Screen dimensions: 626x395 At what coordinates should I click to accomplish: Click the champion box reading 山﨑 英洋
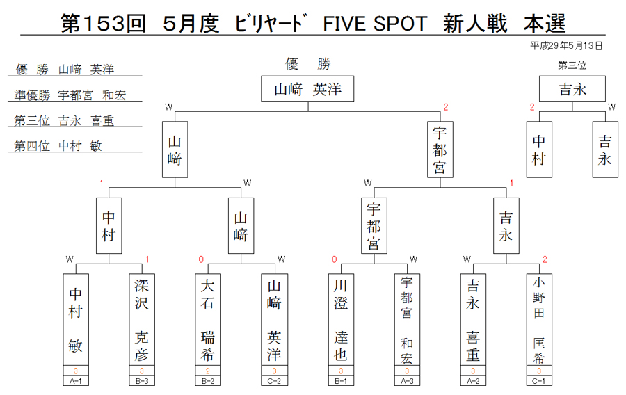(x=307, y=88)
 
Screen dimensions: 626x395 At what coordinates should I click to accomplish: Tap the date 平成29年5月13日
(x=565, y=46)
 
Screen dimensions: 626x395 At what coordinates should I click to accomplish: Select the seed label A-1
(x=76, y=380)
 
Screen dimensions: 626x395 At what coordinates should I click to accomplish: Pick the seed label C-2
(x=274, y=380)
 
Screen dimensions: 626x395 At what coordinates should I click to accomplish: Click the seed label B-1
(x=341, y=380)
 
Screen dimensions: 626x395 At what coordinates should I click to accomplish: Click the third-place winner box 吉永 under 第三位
(x=572, y=88)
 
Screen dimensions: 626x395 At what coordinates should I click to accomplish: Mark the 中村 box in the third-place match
(x=539, y=150)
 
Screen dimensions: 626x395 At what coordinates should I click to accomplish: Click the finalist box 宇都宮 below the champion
(x=440, y=150)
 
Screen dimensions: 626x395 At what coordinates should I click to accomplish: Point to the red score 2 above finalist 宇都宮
(x=446, y=107)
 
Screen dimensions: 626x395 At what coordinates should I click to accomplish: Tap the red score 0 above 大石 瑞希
(x=201, y=259)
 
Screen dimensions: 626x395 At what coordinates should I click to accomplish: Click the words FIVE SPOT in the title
(x=375, y=24)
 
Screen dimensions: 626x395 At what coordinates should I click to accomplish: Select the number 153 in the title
(x=104, y=24)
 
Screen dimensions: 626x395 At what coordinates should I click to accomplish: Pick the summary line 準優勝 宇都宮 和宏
(x=70, y=95)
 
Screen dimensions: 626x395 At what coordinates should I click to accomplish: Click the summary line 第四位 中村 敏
(x=58, y=145)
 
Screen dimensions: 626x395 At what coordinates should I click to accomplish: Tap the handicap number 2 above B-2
(x=208, y=371)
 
